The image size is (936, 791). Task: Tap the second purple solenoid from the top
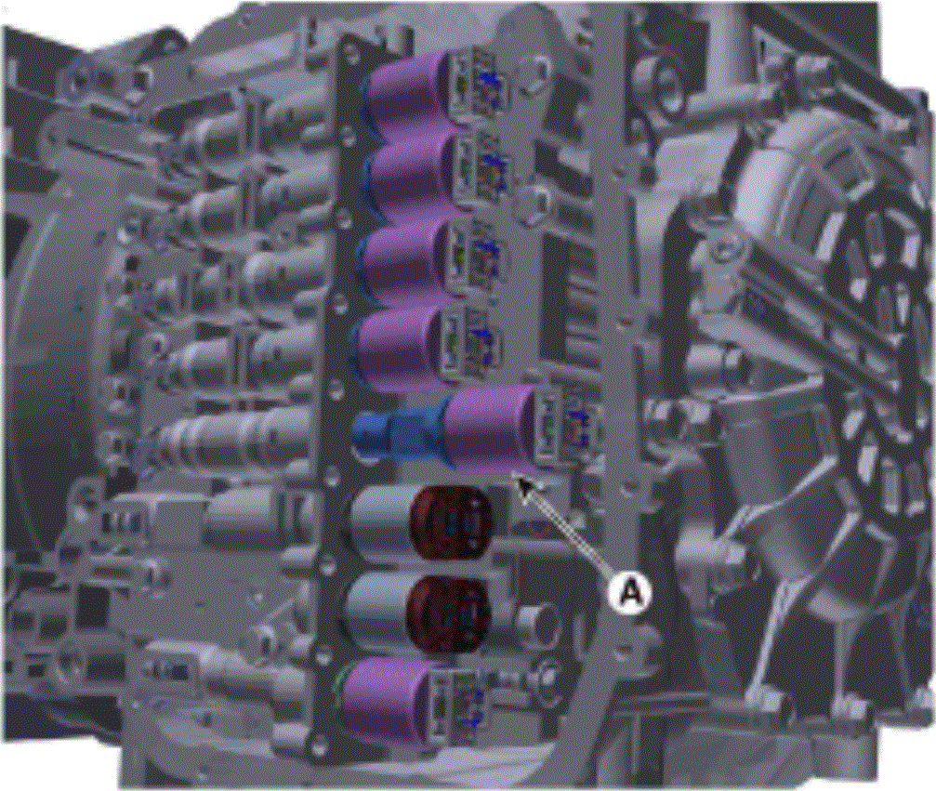pyautogui.click(x=413, y=176)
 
